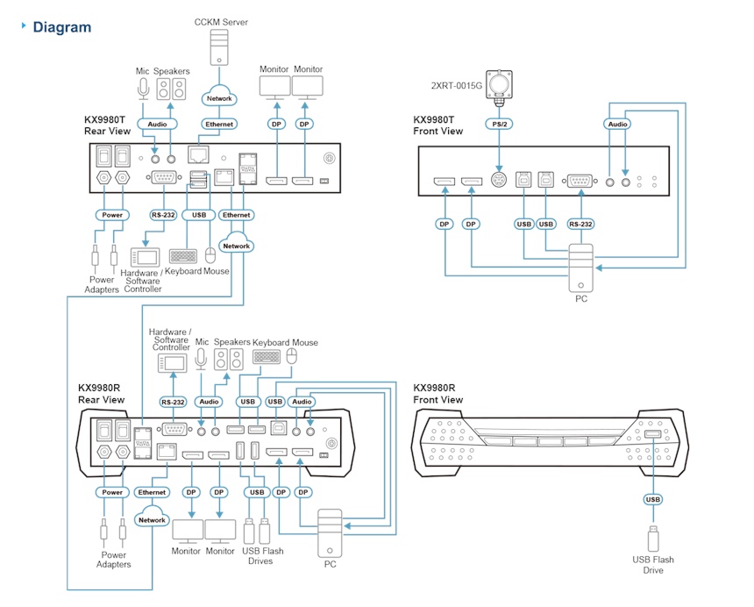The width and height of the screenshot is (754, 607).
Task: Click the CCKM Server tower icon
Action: [219, 47]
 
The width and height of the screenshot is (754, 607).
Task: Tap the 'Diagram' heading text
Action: [62, 27]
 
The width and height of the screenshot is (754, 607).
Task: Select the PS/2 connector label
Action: [499, 124]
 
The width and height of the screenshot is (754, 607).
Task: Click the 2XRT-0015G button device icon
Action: [499, 84]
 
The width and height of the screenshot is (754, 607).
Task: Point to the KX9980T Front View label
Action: [438, 125]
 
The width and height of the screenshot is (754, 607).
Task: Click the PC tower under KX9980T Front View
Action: [581, 268]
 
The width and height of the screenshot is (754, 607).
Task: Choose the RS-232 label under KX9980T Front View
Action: [580, 225]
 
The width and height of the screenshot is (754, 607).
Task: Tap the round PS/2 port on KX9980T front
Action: [499, 181]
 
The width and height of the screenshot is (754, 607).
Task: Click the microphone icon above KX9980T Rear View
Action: [143, 89]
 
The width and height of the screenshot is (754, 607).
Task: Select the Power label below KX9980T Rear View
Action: [112, 215]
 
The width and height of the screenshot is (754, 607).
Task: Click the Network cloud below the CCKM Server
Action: [219, 97]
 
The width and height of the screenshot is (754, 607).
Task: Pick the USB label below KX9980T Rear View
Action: [199, 215]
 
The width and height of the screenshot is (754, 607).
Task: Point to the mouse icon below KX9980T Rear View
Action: [210, 255]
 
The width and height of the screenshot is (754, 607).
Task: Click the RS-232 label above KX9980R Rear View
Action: [173, 402]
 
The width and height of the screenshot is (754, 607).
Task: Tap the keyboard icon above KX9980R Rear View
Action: [267, 356]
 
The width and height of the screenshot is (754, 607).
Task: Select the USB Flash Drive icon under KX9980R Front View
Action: [653, 539]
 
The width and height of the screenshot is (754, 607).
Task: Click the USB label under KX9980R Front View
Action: [652, 499]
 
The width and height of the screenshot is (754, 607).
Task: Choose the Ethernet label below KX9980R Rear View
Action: [152, 492]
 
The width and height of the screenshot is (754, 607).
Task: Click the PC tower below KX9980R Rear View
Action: [330, 533]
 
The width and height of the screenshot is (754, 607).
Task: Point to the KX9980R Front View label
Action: [438, 394]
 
